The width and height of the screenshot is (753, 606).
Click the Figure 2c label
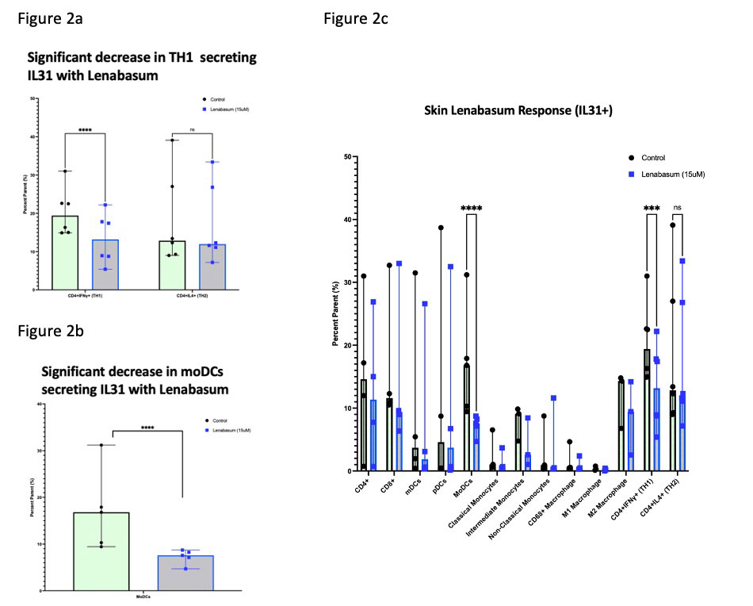356,18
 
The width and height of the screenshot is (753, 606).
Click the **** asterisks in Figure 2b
147,425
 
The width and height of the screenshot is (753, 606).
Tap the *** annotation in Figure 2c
652,209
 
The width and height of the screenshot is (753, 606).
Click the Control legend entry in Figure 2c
648,158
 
